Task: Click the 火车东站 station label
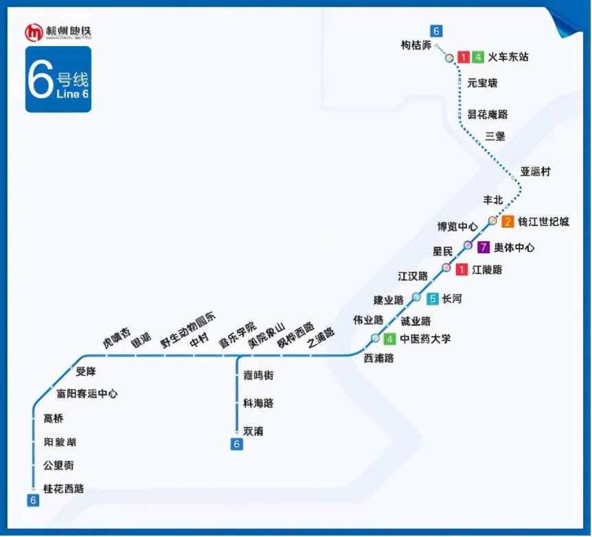pos(508,57)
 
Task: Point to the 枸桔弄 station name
pos(416,45)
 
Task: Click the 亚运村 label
pos(535,172)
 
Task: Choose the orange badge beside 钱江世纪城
pos(508,222)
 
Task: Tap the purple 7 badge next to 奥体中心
pos(484,247)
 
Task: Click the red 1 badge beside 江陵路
pos(462,270)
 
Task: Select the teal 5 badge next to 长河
pos(433,299)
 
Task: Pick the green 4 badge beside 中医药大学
pos(390,339)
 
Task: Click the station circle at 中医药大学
pos(375,338)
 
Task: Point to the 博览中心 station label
pos(457,227)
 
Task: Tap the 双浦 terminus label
pos(253,431)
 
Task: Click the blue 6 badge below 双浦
pos(237,444)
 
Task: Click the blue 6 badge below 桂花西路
pos(33,501)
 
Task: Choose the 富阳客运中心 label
pos(87,394)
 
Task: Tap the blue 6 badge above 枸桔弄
pos(435,31)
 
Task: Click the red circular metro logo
pos(34,32)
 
